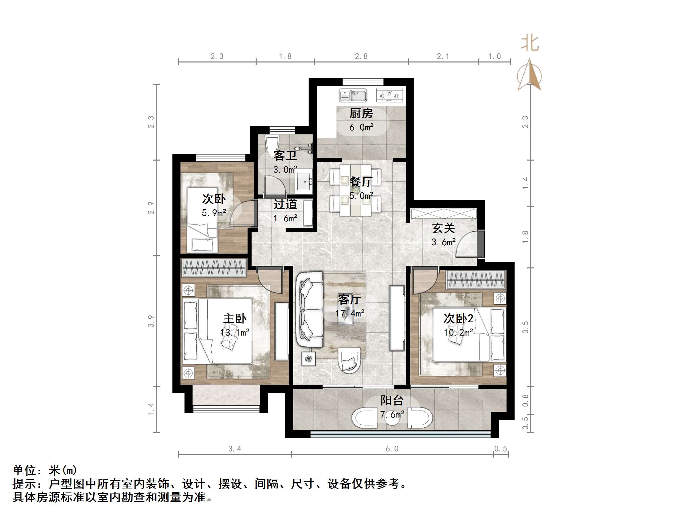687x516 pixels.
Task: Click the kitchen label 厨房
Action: (361, 114)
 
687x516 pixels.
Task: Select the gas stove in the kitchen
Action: (389, 95)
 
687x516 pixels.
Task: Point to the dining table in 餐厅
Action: (356, 190)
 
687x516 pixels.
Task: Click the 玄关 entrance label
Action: (443, 228)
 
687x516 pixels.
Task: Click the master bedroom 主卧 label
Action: (235, 318)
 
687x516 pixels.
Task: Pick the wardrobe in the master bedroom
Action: (214, 268)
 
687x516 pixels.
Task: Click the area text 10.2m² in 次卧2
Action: (458, 332)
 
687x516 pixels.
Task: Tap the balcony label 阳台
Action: (392, 400)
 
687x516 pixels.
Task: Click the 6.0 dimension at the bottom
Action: (392, 449)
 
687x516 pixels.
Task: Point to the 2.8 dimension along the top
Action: (361, 56)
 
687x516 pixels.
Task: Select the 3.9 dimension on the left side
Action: (151, 321)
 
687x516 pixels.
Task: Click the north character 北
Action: (530, 44)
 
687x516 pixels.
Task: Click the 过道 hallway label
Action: (285, 204)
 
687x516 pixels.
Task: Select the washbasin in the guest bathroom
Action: (304, 183)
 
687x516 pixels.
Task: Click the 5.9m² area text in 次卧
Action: (214, 213)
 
